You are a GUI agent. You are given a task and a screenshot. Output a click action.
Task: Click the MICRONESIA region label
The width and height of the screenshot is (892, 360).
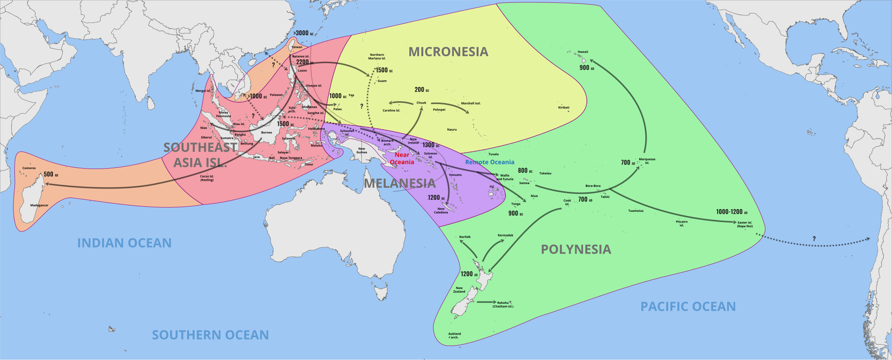pos(448,52)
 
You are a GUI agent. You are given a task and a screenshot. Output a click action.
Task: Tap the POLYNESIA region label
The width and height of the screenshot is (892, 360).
pos(576,249)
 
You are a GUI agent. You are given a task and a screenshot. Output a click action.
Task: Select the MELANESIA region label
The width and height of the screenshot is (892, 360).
pos(400,183)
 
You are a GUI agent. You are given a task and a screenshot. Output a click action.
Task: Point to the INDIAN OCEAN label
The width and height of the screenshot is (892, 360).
pos(125,243)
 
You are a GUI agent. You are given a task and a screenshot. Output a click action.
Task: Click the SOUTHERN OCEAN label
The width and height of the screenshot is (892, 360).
pos(210,335)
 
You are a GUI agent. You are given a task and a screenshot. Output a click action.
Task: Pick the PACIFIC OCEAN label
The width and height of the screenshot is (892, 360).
pos(688,307)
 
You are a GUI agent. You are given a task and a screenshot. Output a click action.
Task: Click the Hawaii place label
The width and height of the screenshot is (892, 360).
pos(583,52)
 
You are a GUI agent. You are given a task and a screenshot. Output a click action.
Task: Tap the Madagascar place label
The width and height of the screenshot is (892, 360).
pos(39,205)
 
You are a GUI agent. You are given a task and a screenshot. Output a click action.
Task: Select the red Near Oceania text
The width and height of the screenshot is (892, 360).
pos(402,158)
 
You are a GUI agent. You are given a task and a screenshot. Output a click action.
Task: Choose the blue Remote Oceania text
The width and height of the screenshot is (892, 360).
pos(490,162)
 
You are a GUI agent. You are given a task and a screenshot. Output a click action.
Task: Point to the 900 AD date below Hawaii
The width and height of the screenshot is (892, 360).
pos(587,68)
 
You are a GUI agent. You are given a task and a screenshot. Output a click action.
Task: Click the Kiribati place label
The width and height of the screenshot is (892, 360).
pos(564,107)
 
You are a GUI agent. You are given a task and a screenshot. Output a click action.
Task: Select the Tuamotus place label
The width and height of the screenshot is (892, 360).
pos(636,211)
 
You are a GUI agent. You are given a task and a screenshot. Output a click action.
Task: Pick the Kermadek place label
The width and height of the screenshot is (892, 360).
pos(505,236)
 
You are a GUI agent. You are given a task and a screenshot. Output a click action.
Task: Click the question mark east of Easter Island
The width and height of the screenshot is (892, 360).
pos(814,239)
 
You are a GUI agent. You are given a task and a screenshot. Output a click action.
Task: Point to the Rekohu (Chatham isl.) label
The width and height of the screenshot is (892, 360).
pos(503,305)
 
